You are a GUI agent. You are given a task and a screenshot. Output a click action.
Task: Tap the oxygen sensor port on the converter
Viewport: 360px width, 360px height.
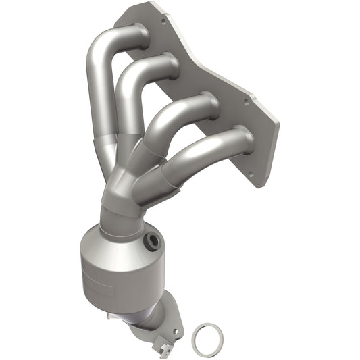click(152, 240)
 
